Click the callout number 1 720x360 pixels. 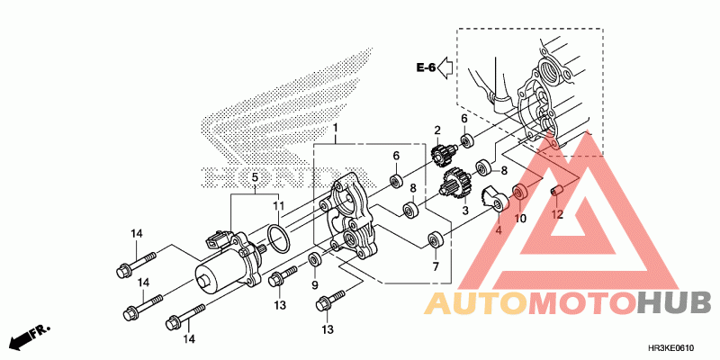[x=335, y=129]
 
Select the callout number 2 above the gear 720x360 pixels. [x=437, y=130]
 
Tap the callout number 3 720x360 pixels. [x=465, y=211]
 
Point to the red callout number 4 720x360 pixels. [x=497, y=229]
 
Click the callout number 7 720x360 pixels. [x=435, y=267]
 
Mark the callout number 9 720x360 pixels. [x=315, y=285]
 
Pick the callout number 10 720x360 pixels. [x=520, y=218]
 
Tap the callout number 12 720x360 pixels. [x=557, y=214]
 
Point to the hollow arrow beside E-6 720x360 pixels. [x=447, y=68]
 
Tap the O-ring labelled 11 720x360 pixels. [x=278, y=239]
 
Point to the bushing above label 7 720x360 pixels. [x=436, y=240]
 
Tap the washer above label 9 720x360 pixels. [x=315, y=260]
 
